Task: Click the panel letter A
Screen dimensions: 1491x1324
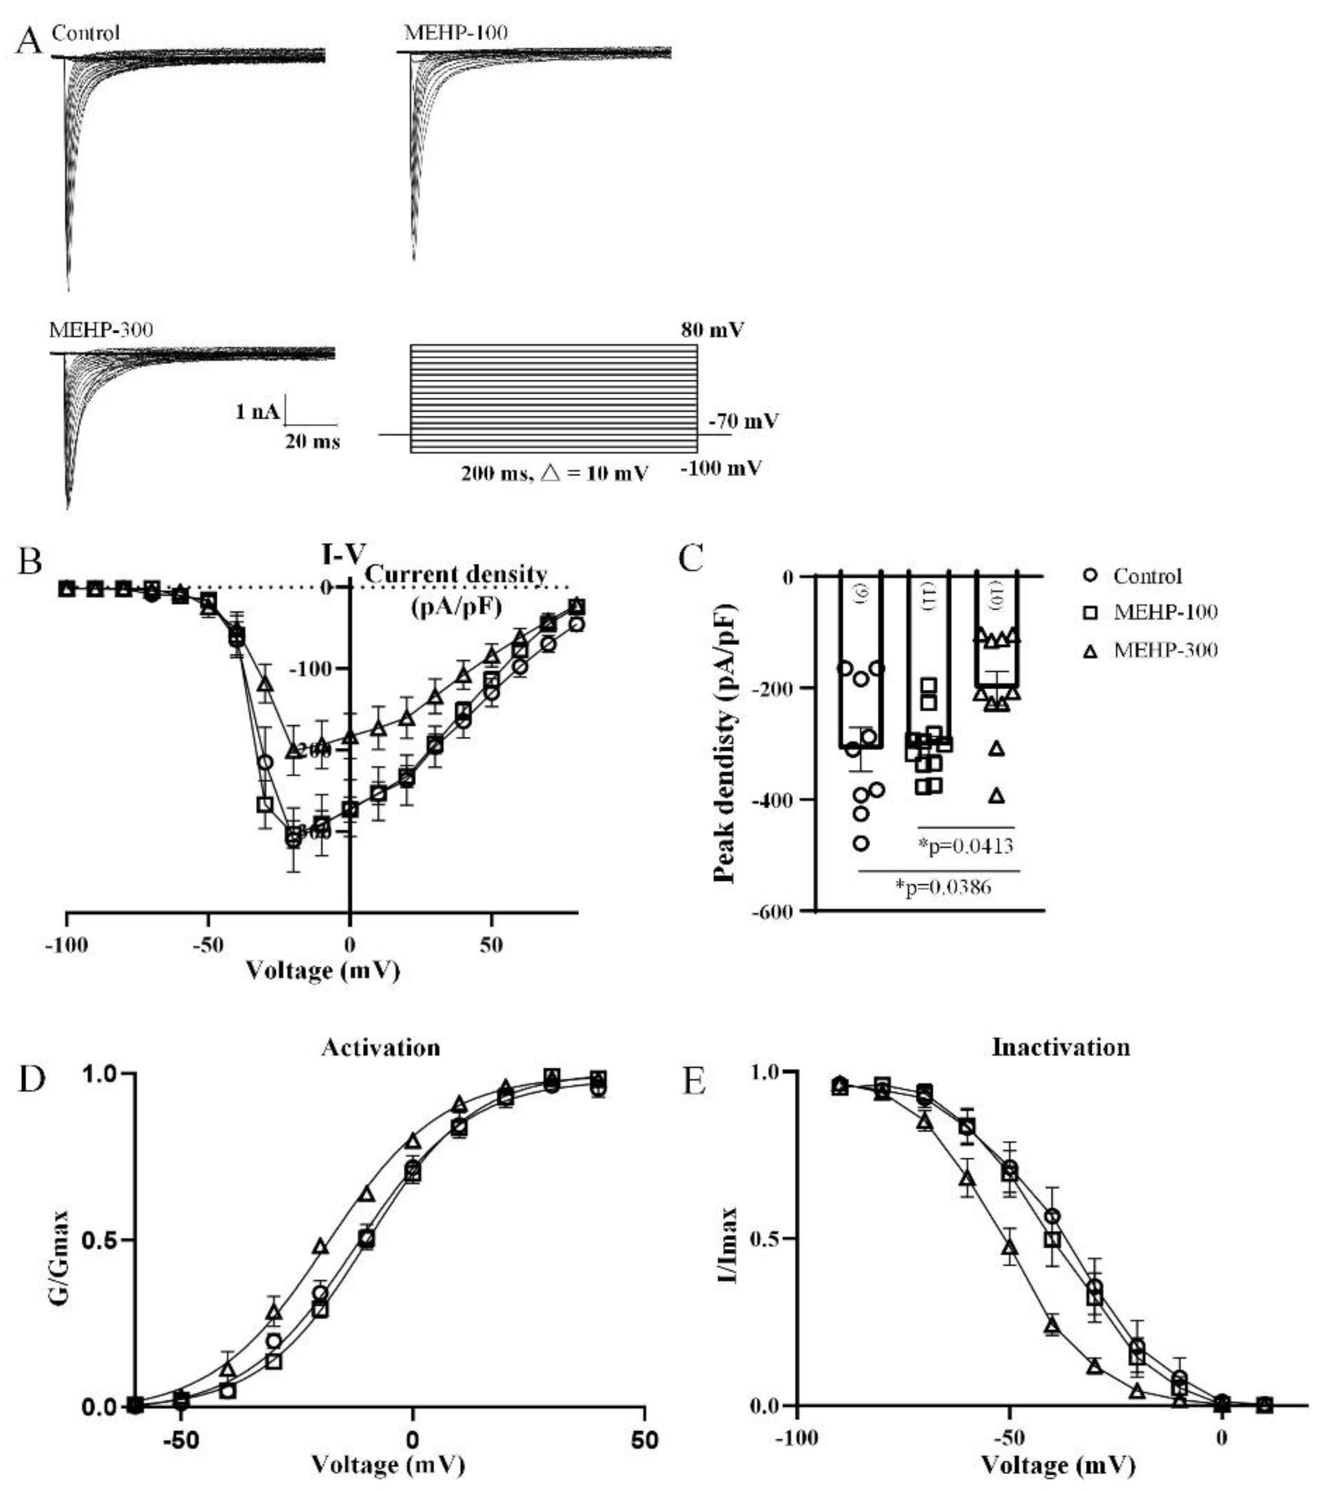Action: click(x=30, y=41)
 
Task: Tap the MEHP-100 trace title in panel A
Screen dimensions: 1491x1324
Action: click(x=456, y=33)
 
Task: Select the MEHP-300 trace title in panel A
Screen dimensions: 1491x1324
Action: click(x=101, y=330)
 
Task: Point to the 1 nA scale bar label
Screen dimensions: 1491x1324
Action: click(x=257, y=412)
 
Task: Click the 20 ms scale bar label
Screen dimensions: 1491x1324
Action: click(x=312, y=441)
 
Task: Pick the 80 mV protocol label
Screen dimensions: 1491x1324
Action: click(x=713, y=330)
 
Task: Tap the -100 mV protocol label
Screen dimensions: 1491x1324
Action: click(x=721, y=468)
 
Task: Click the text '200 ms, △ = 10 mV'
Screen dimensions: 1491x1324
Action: click(x=554, y=473)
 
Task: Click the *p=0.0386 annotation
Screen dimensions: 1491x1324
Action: click(x=944, y=887)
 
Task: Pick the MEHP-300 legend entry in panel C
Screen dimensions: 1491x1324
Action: click(x=1165, y=650)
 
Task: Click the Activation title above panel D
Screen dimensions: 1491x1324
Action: click(x=381, y=1048)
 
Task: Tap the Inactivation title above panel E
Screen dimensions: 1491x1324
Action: click(x=1061, y=1048)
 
